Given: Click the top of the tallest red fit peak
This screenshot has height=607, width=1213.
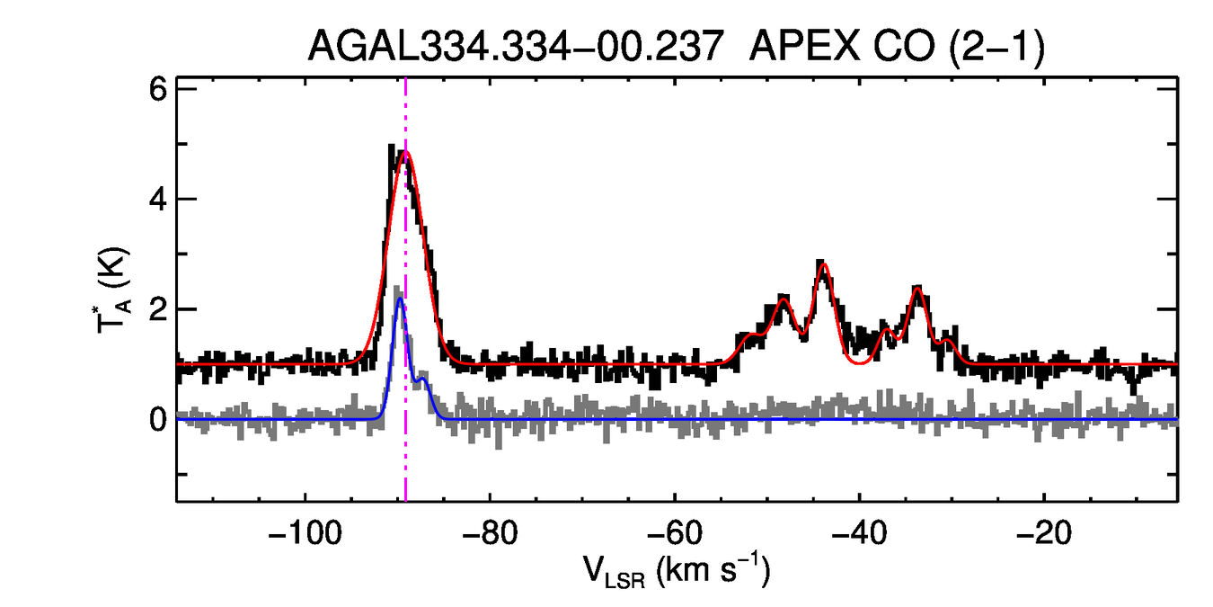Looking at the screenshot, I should click(x=406, y=152).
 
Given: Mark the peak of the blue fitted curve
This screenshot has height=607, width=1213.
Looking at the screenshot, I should click(x=401, y=299).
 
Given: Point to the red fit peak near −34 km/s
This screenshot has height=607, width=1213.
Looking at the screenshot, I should click(x=917, y=288).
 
